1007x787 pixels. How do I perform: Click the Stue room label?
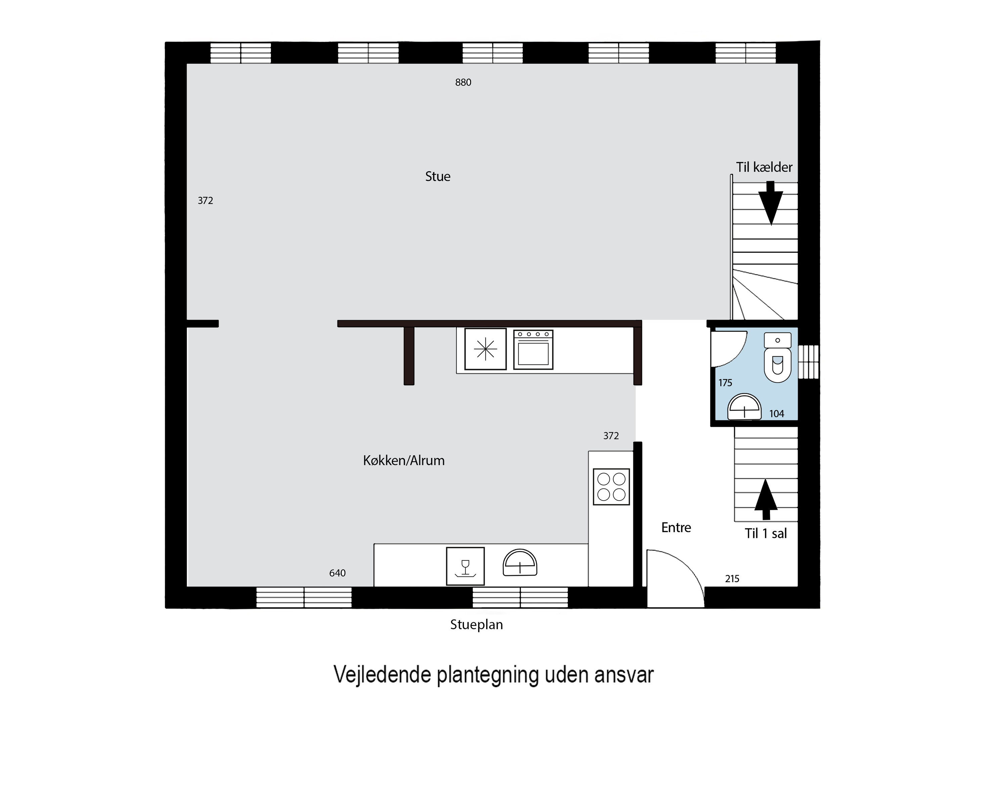[x=438, y=177]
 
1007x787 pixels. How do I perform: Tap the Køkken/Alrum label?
[x=404, y=461]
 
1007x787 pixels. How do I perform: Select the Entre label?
[x=676, y=527]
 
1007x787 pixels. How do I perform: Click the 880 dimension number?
[x=463, y=83]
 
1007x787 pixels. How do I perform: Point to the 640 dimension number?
[x=337, y=573]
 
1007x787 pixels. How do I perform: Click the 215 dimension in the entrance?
[x=732, y=578]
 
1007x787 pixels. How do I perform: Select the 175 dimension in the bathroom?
[x=725, y=383]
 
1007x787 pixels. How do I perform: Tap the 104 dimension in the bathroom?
[x=776, y=414]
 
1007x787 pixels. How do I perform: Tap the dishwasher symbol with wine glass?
[x=465, y=566]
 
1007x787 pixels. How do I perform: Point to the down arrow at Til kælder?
[x=771, y=203]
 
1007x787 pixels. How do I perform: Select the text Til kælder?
[x=764, y=167]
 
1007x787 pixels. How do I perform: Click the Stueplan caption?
[x=476, y=625]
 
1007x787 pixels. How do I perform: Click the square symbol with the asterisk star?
[x=485, y=349]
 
